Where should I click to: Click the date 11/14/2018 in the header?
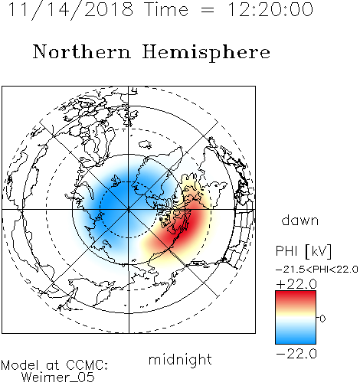point(70,10)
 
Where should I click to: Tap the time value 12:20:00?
point(270,9)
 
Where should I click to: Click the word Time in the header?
point(166,9)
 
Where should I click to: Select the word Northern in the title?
point(82,52)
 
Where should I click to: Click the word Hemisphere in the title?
point(206,53)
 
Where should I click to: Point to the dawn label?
point(300,221)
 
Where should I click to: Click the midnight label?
point(180,359)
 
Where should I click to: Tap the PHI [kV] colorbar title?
point(303,251)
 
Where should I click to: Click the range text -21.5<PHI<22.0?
point(316,269)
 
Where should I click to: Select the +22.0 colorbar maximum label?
point(296,284)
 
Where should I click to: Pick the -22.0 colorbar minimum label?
point(296,354)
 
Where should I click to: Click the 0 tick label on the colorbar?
point(322,319)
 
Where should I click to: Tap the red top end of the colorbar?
point(296,293)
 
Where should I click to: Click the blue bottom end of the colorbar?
point(296,342)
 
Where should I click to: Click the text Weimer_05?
point(58,378)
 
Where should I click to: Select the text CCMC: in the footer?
point(87,365)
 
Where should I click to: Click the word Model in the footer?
point(20,365)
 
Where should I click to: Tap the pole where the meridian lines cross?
point(129,210)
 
